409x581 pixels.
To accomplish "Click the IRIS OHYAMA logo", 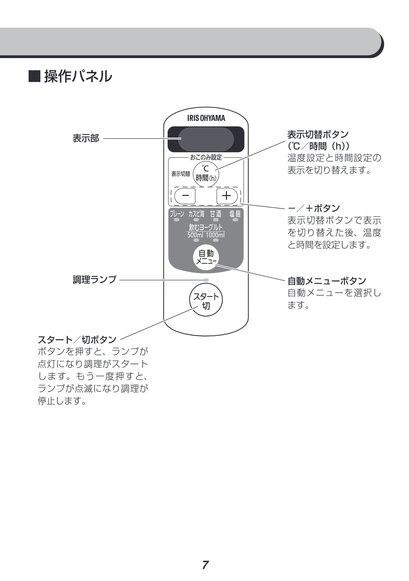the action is click(206, 118).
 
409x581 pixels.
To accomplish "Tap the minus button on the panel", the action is click(185, 196).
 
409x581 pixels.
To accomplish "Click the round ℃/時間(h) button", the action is click(206, 174).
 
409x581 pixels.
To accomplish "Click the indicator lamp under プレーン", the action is click(177, 220).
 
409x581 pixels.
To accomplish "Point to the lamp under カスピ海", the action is click(196, 220).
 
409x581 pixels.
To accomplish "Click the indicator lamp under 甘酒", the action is click(216, 220).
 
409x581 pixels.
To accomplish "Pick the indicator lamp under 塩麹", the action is click(235, 220).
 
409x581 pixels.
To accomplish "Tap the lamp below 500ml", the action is click(196, 240).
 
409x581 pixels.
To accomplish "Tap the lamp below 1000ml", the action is click(216, 240).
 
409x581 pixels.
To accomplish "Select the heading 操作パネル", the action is click(78, 76).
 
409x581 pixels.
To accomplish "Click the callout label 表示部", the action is click(86, 138).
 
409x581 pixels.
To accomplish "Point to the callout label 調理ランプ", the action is click(94, 280).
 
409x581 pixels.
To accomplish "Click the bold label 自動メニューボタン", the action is click(327, 281).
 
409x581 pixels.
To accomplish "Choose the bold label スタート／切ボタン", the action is click(77, 340).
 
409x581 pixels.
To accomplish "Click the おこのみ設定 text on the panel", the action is click(206, 157).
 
